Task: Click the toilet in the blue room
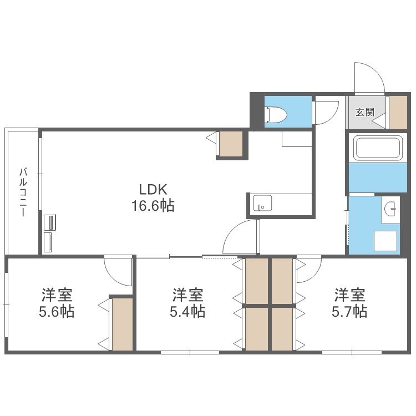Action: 276,114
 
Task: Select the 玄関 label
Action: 364,112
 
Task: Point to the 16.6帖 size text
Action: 153,206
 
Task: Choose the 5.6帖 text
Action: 57,312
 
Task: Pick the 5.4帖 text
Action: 187,312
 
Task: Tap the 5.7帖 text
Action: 349,312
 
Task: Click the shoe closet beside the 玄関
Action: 398,113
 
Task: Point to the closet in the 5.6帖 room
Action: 123,324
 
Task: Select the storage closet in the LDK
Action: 231,144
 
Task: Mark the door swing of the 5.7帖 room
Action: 308,268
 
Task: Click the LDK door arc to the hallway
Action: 242,236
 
